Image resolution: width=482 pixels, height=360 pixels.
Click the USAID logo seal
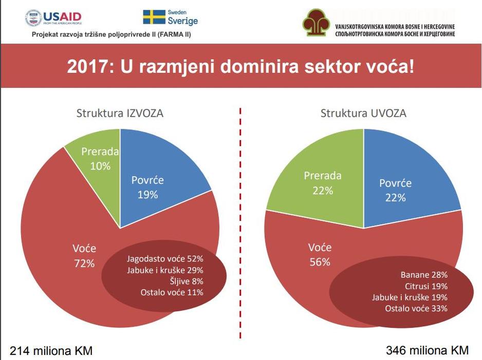coord(33,18)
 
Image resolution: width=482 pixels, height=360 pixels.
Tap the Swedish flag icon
coord(154,17)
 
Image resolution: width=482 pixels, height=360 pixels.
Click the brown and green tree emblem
coord(317,22)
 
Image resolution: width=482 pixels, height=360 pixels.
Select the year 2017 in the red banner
coord(87,66)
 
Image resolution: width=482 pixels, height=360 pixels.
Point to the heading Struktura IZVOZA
coord(120,113)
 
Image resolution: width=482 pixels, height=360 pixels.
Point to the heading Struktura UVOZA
coord(363,113)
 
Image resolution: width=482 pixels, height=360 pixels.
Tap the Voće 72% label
coord(84,256)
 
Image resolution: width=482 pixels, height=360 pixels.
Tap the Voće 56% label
coord(320,255)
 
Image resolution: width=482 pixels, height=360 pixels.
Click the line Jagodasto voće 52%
coord(165,259)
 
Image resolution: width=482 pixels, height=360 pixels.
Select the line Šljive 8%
coord(187,281)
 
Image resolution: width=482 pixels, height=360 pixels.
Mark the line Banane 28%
coord(424,275)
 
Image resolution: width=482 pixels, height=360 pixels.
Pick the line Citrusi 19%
coord(426,286)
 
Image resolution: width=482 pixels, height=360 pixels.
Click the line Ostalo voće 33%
coord(416,309)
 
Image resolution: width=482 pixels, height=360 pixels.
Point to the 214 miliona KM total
coord(51,350)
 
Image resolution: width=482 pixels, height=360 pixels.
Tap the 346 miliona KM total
coord(428,350)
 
